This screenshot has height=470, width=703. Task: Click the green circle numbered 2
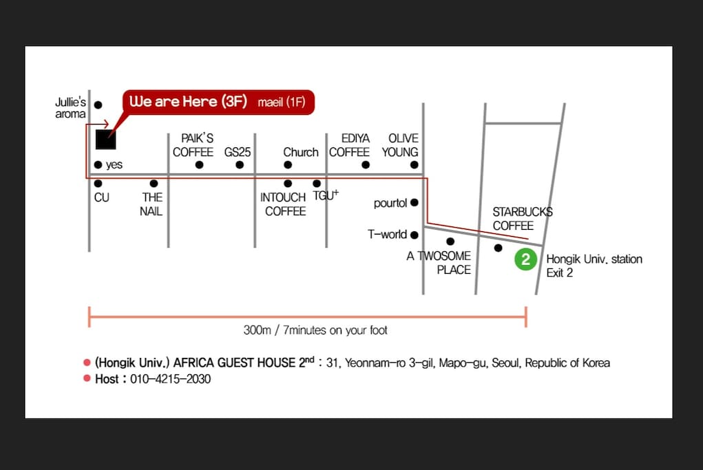(525, 259)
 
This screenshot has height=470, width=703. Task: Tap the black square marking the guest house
(106, 139)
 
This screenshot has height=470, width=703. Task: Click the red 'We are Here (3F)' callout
(218, 102)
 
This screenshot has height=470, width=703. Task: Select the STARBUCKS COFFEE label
(523, 219)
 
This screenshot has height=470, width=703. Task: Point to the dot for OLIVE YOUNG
(415, 165)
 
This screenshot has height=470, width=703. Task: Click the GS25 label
(237, 152)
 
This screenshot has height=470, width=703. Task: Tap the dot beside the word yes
(98, 164)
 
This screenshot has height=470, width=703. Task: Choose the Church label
(300, 152)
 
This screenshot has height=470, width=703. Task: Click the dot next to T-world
(415, 235)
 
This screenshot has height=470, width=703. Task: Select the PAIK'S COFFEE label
(193, 145)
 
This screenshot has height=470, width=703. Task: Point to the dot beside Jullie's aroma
(98, 105)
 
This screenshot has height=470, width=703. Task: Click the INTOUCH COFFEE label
(284, 204)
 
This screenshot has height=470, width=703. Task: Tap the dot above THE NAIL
(154, 183)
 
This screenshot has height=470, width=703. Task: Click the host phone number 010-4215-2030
(170, 379)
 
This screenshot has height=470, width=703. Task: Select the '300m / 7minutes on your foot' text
(315, 330)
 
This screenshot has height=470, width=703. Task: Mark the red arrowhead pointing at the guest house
(106, 124)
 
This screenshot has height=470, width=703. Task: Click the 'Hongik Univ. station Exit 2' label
(594, 266)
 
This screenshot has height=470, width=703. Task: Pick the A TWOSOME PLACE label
(439, 263)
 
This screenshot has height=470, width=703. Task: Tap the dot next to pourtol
(415, 202)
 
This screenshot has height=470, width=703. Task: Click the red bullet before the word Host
(87, 378)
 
